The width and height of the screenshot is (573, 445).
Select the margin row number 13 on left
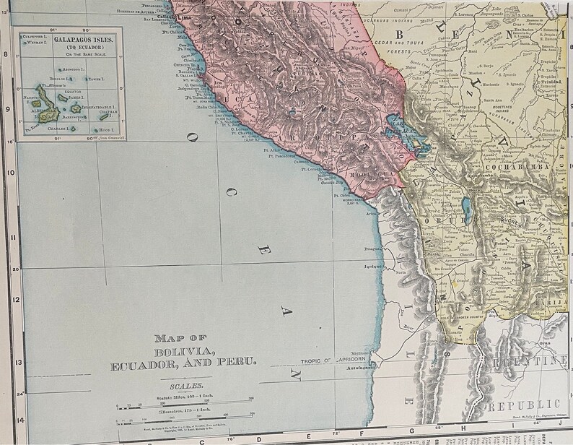(6, 363)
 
